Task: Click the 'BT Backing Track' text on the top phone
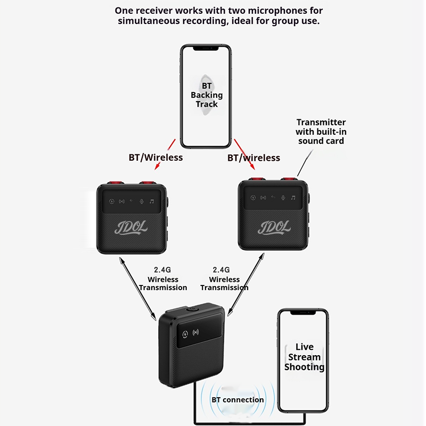[206, 95]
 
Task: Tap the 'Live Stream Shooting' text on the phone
[304, 357]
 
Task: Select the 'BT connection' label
[237, 399]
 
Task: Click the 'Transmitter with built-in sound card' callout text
[321, 132]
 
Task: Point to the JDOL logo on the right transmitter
[274, 227]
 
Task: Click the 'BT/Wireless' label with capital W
[155, 158]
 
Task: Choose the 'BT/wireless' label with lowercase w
[253, 158]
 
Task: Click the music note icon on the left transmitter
[152, 201]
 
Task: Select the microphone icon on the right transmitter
[283, 197]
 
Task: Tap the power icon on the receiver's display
[185, 335]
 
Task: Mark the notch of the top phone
[206, 48]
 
